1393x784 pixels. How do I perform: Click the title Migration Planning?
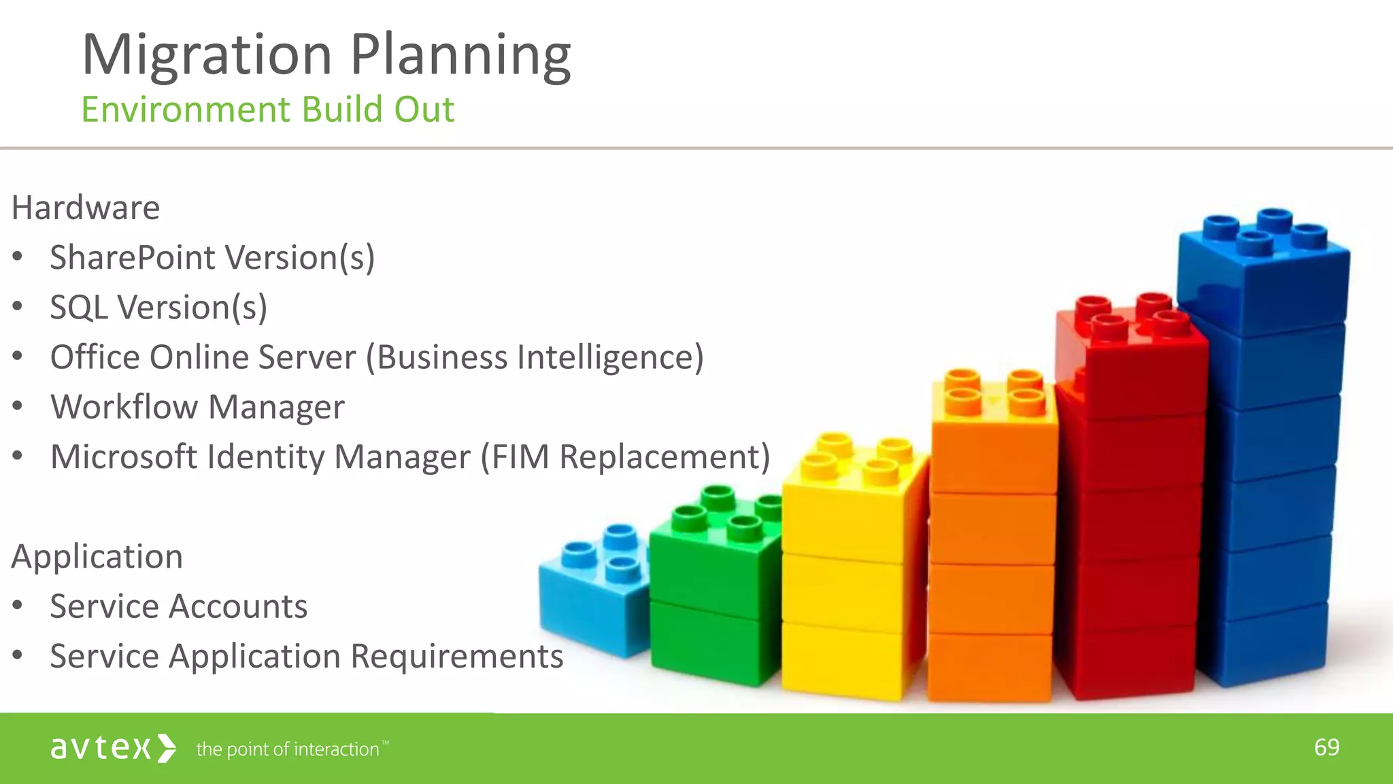[326, 54]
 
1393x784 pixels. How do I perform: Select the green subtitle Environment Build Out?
[267, 110]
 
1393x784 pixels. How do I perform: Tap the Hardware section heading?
[86, 208]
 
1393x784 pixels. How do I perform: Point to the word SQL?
[78, 308]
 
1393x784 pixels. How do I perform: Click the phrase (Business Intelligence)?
[535, 357]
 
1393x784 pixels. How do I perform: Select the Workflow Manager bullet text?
[197, 407]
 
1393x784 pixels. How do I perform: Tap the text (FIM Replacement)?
[625, 457]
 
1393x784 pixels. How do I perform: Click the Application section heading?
[97, 557]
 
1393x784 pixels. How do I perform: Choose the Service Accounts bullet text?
[178, 606]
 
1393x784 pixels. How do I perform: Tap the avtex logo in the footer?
[113, 748]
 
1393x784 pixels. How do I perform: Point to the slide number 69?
[1326, 747]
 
